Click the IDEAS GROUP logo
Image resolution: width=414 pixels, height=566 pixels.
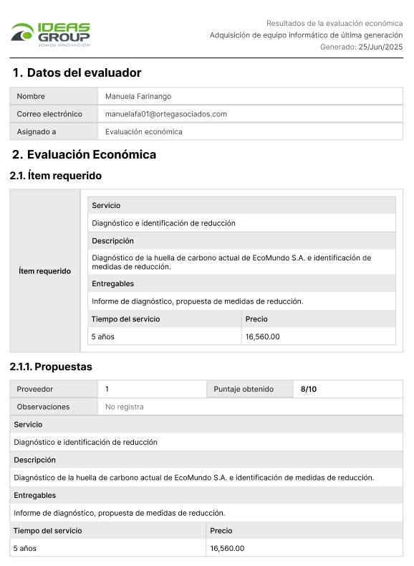pyautogui.click(x=50, y=34)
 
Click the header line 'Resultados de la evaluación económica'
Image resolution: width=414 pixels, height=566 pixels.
pyautogui.click(x=334, y=23)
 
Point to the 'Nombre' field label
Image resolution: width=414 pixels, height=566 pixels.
pyautogui.click(x=31, y=96)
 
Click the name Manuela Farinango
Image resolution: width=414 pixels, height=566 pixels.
pyautogui.click(x=138, y=96)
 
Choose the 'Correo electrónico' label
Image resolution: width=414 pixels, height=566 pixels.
pyautogui.click(x=49, y=114)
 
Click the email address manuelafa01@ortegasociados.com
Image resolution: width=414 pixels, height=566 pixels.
pyautogui.click(x=166, y=114)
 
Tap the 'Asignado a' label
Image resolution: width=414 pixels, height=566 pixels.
pyautogui.click(x=37, y=132)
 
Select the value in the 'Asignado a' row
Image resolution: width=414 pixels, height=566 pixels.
pyautogui.click(x=144, y=132)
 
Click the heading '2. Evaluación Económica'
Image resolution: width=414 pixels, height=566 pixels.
pyautogui.click(x=84, y=155)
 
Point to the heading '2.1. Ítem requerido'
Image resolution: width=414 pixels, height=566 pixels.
pyautogui.click(x=56, y=176)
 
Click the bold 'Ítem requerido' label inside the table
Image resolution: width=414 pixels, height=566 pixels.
pyautogui.click(x=45, y=271)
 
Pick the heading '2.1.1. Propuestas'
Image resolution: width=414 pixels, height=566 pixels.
pyautogui.click(x=51, y=367)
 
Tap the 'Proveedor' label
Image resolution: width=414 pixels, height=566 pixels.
pyautogui.click(x=35, y=389)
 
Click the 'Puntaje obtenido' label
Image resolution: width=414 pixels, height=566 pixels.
pyautogui.click(x=244, y=389)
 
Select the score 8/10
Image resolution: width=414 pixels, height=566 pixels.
pyautogui.click(x=309, y=389)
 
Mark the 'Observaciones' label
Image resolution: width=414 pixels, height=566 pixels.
pyautogui.click(x=43, y=407)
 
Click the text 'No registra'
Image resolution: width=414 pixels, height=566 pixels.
pyautogui.click(x=125, y=407)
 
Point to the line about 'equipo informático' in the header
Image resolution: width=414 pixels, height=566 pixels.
pyautogui.click(x=307, y=35)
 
